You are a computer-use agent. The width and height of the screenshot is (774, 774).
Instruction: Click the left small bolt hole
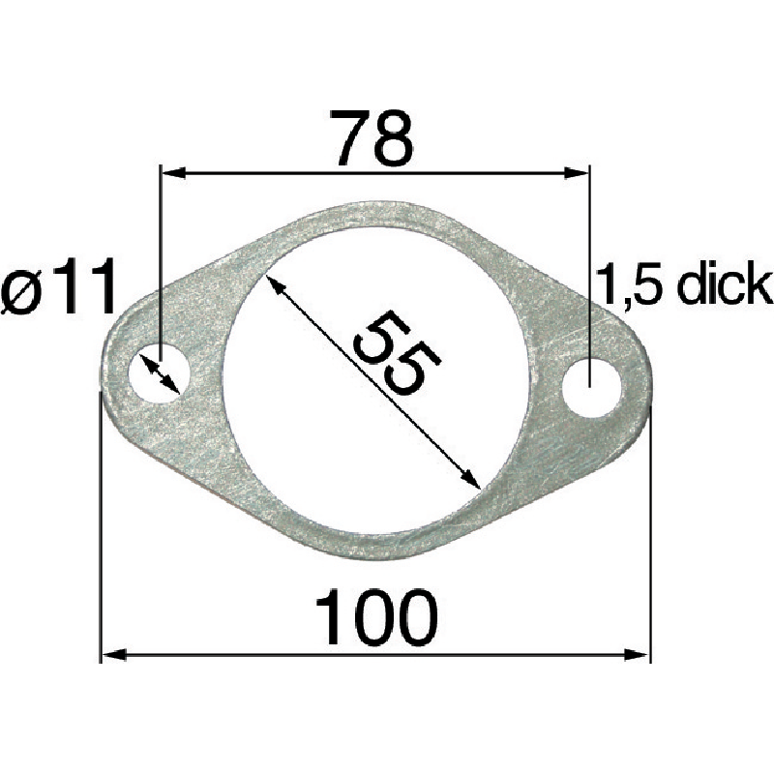[x=162, y=372]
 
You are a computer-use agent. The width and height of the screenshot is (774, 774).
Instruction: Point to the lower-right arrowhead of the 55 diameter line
[x=471, y=481]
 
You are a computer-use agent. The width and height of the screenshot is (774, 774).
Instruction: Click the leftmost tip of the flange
[x=104, y=372]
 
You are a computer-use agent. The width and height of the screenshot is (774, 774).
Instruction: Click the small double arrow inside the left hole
[x=161, y=373]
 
